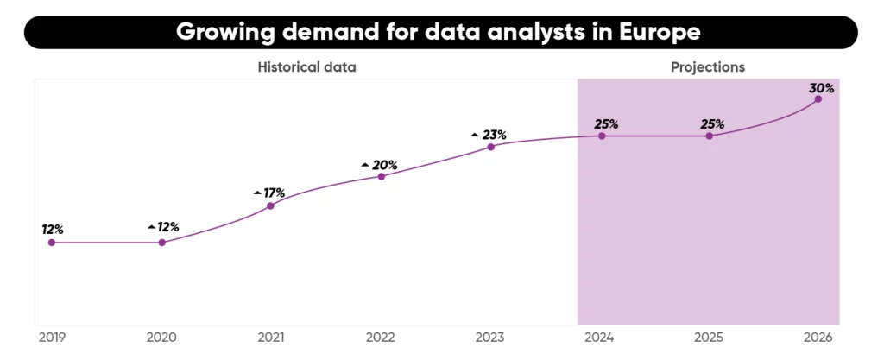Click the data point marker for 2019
(x=52, y=243)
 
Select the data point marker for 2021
(x=270, y=205)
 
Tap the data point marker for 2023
(x=490, y=147)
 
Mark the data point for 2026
(x=818, y=99)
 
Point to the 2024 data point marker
(x=602, y=136)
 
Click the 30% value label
(x=822, y=87)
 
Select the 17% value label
(x=275, y=193)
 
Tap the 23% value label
(x=494, y=135)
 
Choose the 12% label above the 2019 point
(x=52, y=230)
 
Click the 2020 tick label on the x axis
(x=161, y=338)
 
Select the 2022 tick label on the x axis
(x=381, y=338)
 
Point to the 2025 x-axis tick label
(x=710, y=338)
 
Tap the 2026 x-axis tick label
(x=818, y=338)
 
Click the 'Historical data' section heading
(x=306, y=66)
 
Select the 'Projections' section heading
(x=708, y=66)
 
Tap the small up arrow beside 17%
(x=257, y=193)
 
